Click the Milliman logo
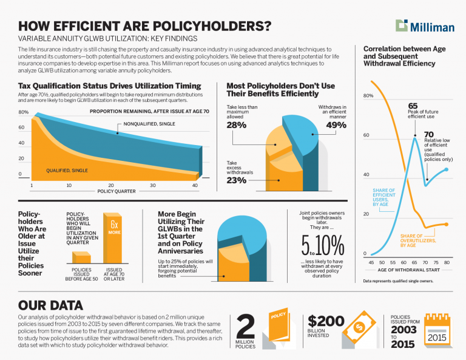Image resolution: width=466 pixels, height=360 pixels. [425, 25]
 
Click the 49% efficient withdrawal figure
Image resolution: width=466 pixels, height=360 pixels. [336, 126]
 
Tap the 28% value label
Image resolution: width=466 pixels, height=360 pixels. [236, 126]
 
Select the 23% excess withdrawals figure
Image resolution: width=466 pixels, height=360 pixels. [236, 180]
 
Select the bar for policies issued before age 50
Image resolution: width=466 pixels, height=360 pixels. [81, 259]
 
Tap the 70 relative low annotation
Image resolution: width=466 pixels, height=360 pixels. [429, 134]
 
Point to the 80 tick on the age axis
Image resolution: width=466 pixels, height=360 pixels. [447, 262]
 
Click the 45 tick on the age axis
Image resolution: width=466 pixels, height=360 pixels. [371, 262]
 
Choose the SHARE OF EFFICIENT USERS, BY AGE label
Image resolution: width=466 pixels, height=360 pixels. [383, 197]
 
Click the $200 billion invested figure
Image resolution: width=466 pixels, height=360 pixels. [326, 322]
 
